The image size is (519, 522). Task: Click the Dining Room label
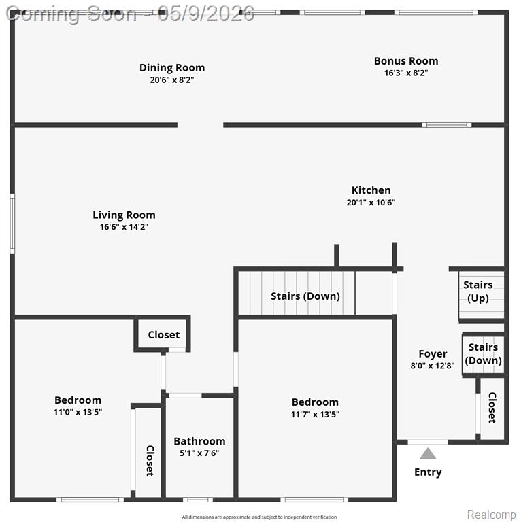172,67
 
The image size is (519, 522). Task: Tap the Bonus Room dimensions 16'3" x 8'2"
406,73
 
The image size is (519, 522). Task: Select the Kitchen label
371,190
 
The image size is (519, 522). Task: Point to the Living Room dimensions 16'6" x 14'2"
124,227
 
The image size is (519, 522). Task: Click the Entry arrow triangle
428,453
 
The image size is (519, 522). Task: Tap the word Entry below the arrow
428,472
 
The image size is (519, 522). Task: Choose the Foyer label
433,353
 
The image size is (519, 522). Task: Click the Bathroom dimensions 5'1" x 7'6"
199,453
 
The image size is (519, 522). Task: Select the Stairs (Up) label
478,292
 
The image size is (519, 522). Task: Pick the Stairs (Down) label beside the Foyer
484,353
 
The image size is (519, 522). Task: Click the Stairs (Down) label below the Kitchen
305,296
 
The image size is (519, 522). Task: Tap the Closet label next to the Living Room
163,334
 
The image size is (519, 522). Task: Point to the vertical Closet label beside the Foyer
492,408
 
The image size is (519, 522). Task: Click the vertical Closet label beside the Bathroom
150,461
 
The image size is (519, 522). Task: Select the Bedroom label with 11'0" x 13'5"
78,400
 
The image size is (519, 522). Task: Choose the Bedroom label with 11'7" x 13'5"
315,402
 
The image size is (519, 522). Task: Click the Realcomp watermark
491,515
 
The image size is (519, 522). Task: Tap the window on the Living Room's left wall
12,224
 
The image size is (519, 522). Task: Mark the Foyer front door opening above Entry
428,442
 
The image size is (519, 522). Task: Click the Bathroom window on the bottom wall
198,500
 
